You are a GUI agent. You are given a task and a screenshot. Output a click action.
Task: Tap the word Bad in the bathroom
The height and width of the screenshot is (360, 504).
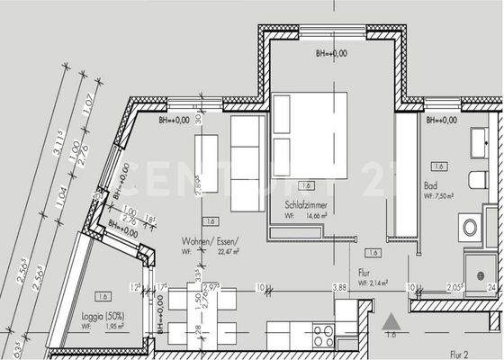tap(430, 186)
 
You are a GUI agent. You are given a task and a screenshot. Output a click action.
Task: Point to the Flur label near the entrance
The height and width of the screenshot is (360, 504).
tap(364, 271)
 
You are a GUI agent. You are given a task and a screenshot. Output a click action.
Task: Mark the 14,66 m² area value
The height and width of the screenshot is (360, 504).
tap(314, 216)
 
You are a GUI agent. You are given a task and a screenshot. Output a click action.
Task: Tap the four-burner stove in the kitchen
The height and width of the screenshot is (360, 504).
tap(323, 335)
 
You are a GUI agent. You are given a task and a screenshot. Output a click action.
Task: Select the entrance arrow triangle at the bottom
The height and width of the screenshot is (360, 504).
tap(389, 320)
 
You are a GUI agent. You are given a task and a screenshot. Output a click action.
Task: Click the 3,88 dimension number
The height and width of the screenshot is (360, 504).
tap(339, 287)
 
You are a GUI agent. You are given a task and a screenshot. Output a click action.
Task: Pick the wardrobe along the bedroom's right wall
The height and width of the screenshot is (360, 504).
tap(406, 175)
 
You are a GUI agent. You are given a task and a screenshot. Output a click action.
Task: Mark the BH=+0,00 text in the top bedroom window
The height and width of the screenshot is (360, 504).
tap(330, 55)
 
